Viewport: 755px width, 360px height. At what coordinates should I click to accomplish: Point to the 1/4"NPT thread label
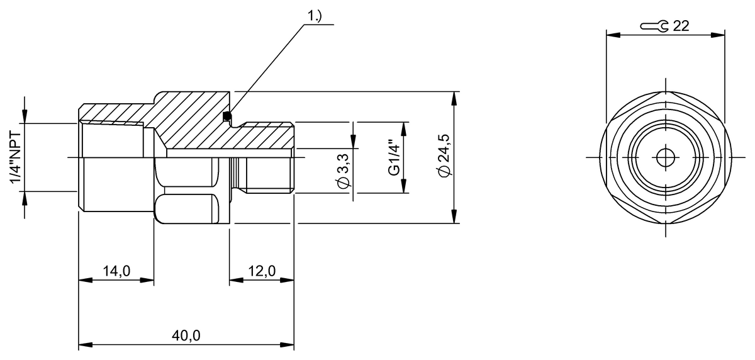pyautogui.click(x=16, y=158)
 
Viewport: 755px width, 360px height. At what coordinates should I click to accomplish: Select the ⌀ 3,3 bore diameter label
pyautogui.click(x=344, y=170)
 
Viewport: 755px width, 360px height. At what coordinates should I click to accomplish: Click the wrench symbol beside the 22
pyautogui.click(x=655, y=26)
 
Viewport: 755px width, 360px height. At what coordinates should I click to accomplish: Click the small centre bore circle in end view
pyautogui.click(x=664, y=157)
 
